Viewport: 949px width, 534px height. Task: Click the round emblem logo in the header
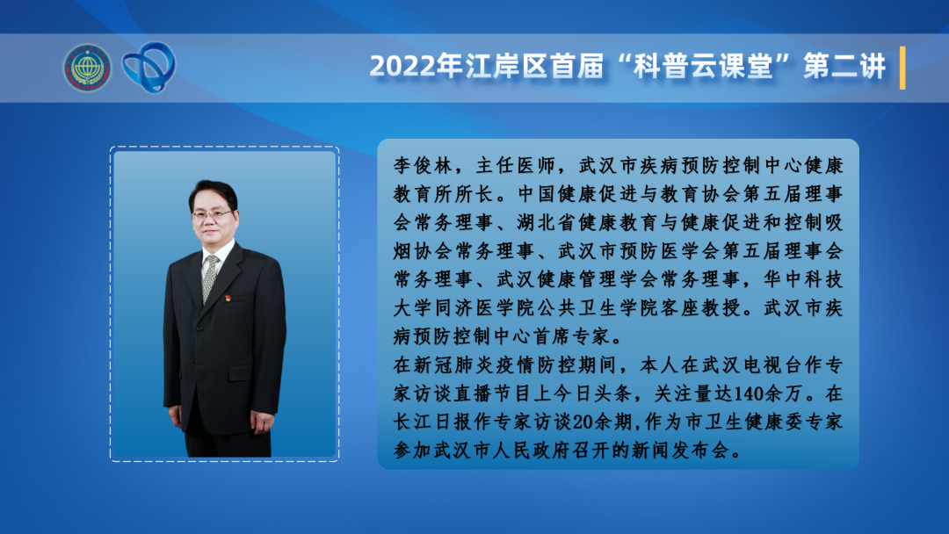(x=88, y=68)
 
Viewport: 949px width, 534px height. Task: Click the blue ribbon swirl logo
(x=149, y=67)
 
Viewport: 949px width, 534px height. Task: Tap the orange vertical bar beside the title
(x=902, y=68)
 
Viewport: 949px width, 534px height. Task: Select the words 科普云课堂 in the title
(x=705, y=66)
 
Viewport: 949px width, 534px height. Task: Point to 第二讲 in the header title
(x=845, y=66)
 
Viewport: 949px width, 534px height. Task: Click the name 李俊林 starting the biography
(x=423, y=166)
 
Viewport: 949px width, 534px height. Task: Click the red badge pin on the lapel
(x=228, y=298)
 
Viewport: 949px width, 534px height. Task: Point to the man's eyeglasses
(x=211, y=214)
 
